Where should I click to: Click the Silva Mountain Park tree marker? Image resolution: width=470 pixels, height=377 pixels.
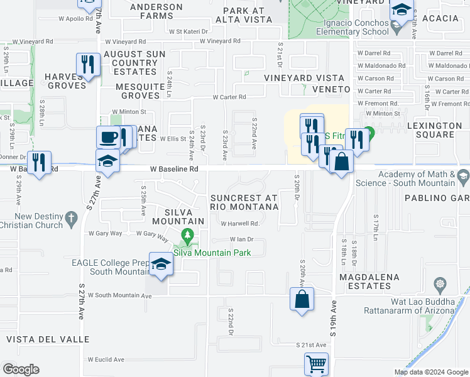pyautogui.click(x=187, y=238)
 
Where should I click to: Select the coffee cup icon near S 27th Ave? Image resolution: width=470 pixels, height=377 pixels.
pyautogui.click(x=108, y=138)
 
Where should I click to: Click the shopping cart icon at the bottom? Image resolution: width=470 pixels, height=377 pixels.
pyautogui.click(x=316, y=364)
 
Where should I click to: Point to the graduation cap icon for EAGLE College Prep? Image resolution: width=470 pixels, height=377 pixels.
pyautogui.click(x=161, y=266)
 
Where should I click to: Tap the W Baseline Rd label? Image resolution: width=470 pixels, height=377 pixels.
pyautogui.click(x=174, y=169)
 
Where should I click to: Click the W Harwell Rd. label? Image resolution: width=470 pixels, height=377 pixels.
pyautogui.click(x=239, y=223)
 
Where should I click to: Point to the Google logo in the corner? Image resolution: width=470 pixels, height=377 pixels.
pyautogui.click(x=21, y=369)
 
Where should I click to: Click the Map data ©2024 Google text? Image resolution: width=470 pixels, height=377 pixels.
pyautogui.click(x=430, y=372)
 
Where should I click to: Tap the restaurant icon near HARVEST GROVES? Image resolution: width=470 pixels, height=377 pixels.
pyautogui.click(x=87, y=64)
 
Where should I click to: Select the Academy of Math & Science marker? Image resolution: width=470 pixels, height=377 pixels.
pyautogui.click(x=463, y=174)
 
